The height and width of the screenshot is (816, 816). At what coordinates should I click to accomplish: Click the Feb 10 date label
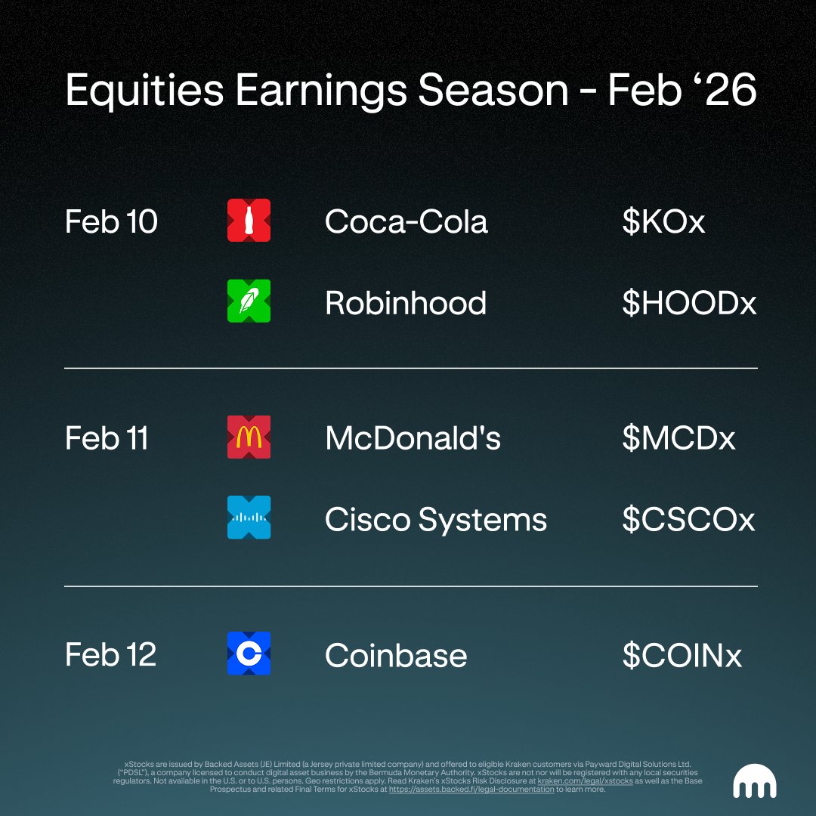111,221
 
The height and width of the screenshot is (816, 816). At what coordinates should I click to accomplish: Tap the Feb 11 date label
107,437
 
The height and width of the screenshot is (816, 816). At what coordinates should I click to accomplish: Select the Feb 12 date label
110,654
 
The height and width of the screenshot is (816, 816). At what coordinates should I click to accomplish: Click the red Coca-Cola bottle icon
249,220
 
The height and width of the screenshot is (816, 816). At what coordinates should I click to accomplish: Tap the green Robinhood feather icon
249,301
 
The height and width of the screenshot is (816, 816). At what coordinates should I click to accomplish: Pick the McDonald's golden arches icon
249,437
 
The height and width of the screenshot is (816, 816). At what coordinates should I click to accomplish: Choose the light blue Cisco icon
249,518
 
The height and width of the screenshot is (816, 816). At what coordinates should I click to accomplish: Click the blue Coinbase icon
249,653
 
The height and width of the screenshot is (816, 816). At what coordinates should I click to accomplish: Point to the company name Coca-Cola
406,221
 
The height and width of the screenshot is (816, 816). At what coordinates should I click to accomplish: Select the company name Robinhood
406,302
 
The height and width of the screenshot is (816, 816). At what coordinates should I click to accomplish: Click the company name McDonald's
413,437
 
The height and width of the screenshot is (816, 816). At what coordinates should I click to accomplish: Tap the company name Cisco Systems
436,520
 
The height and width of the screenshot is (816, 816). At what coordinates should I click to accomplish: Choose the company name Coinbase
395,654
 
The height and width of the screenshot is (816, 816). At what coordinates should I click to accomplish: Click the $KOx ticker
663,221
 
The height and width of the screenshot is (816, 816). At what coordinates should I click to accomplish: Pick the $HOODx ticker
689,302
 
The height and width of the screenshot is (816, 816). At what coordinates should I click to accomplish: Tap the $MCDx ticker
678,437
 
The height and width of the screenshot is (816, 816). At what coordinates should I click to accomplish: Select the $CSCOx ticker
688,519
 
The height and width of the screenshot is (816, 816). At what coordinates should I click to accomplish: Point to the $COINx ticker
682,654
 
